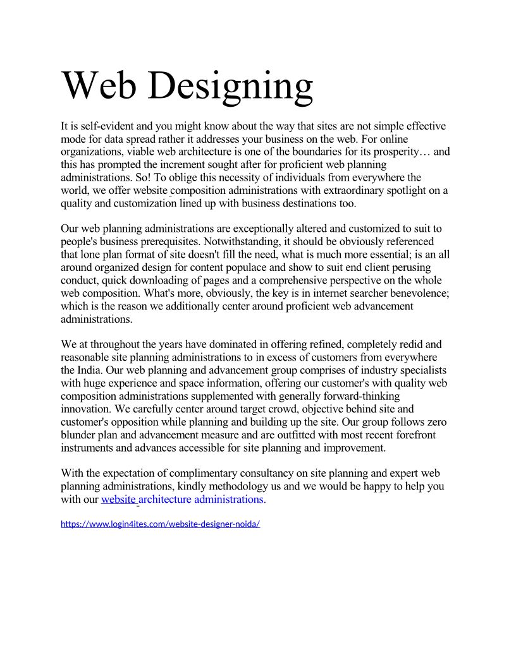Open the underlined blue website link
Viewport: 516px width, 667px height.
click(x=119, y=499)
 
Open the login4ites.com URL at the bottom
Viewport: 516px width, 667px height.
click(x=160, y=524)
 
